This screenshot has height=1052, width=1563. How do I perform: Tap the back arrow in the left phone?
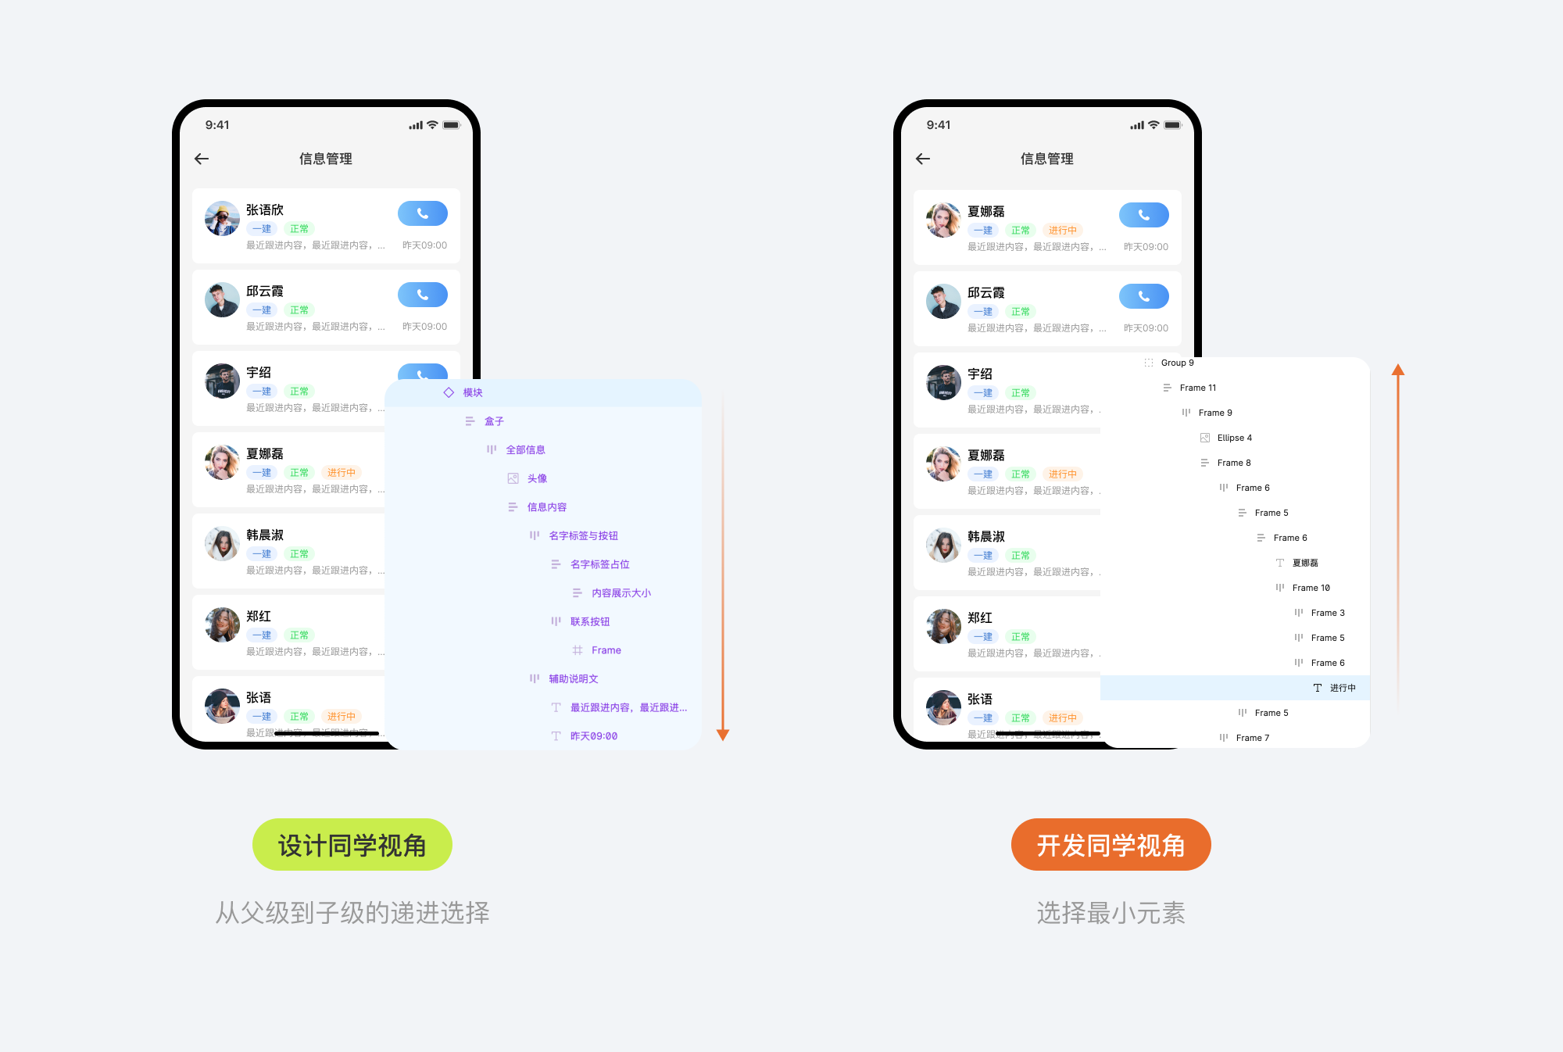click(x=202, y=159)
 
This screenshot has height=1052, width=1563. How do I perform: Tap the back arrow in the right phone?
click(x=923, y=159)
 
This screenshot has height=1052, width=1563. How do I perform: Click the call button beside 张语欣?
click(x=422, y=213)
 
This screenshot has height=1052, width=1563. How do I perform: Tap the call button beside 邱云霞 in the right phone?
click(x=1143, y=296)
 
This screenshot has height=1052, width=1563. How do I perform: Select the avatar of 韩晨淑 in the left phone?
click(x=222, y=544)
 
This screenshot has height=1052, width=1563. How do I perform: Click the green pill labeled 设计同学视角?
click(x=352, y=845)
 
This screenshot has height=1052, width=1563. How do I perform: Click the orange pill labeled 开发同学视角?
click(x=1111, y=845)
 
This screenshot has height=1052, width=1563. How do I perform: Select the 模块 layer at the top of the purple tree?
click(x=472, y=392)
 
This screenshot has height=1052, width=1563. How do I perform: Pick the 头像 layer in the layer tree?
click(x=537, y=478)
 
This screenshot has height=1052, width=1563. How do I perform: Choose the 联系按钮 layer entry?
click(x=589, y=621)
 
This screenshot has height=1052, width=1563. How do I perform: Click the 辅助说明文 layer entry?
click(x=573, y=678)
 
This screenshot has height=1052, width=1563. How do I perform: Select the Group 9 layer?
click(x=1177, y=363)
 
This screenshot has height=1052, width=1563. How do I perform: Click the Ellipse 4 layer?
click(x=1234, y=438)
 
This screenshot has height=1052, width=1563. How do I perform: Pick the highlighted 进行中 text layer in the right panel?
click(x=1342, y=688)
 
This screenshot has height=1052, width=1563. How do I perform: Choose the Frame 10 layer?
click(x=1311, y=588)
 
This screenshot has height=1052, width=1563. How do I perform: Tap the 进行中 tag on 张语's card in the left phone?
click(x=341, y=716)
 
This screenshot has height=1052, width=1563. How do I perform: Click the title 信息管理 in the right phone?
click(x=1046, y=159)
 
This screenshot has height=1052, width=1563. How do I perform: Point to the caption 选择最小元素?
click(x=1111, y=913)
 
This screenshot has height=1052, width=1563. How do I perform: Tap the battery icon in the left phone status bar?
click(x=452, y=125)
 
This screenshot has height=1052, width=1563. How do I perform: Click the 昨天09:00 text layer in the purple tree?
click(x=593, y=736)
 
